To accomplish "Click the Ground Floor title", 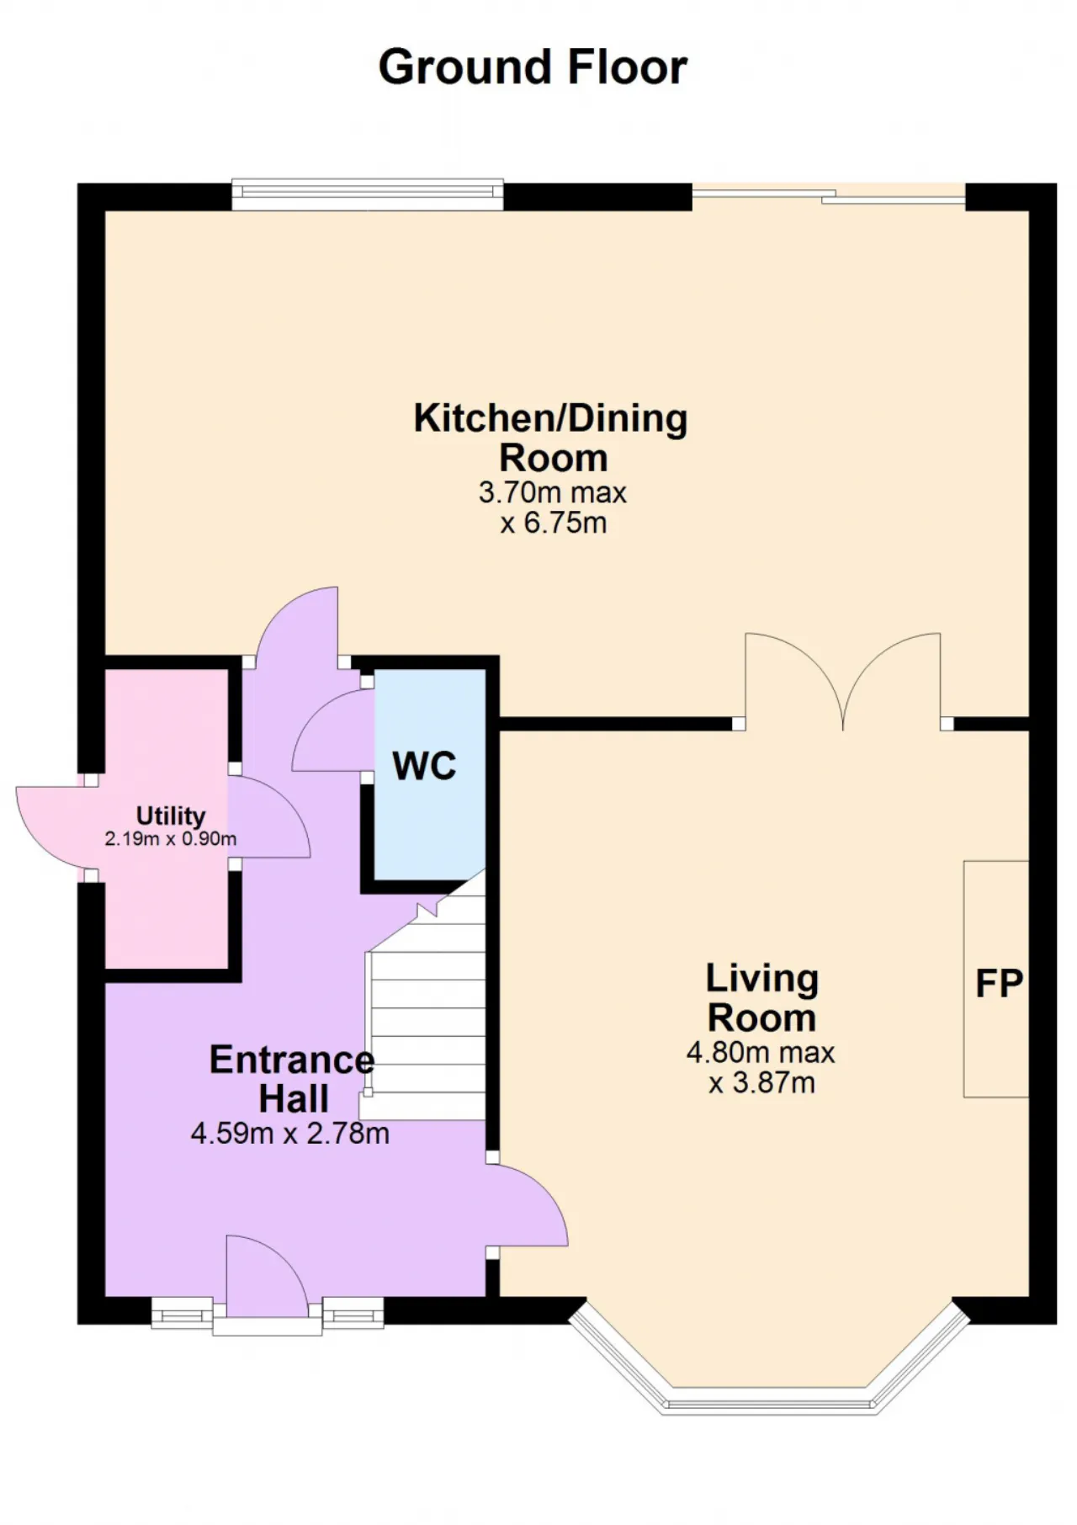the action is point(533,67).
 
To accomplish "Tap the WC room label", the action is point(424,766).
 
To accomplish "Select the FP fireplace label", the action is point(999,983).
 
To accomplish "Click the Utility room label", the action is point(171,816).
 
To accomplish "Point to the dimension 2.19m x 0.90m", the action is point(171,839).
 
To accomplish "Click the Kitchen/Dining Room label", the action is point(551,438).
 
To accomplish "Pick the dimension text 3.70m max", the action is point(553,492).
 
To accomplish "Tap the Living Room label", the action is point(761,998).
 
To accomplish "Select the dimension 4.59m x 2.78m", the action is point(290,1134).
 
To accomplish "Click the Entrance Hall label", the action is point(292,1079).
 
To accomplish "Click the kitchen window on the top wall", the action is point(368,194).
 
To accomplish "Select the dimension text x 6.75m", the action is point(553,523).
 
